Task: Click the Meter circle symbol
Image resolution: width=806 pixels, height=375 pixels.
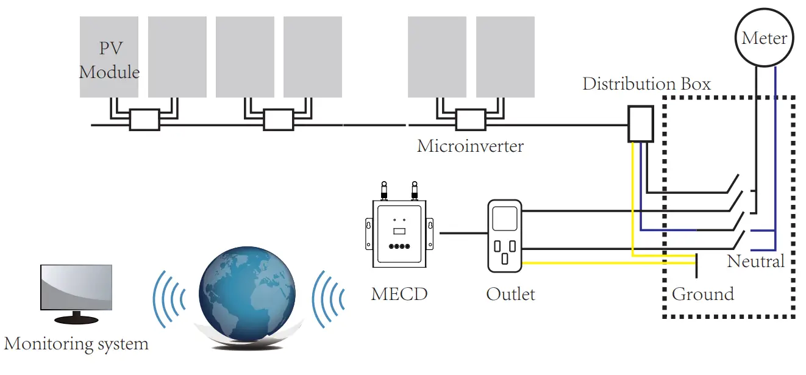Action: tap(764, 39)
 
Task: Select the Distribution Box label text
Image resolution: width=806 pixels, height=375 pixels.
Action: tap(646, 84)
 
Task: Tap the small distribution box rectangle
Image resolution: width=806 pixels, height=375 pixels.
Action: tap(641, 124)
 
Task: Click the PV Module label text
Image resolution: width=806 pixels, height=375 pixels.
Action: tap(109, 60)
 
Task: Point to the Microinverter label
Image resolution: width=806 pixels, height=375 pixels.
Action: tap(470, 146)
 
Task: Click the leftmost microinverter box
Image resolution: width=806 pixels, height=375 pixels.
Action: tap(144, 120)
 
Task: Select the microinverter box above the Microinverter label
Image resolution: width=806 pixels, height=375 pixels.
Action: tap(471, 120)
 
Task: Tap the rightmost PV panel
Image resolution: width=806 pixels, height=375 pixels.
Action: tap(505, 57)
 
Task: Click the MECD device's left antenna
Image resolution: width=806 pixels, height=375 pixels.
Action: tap(384, 190)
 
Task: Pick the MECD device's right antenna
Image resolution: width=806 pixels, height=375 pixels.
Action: tap(415, 190)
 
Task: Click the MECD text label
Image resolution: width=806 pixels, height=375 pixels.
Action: tap(399, 294)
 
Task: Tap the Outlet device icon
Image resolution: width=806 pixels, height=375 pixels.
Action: tap(505, 236)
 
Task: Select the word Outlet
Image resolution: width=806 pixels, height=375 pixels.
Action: tap(510, 294)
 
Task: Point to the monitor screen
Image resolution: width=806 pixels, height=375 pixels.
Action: tap(76, 288)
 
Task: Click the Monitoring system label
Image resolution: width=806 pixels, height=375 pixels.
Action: tap(76, 344)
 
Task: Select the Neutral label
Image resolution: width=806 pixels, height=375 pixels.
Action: tap(755, 262)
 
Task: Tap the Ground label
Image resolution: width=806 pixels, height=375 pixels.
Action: tap(702, 294)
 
